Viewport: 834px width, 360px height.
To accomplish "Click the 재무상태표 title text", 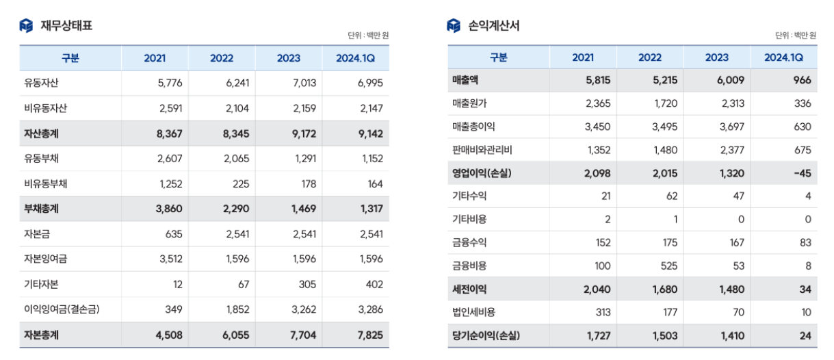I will coord(66,26).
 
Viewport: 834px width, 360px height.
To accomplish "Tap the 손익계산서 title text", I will coord(493,26).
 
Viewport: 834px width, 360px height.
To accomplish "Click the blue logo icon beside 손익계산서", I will coord(454,26).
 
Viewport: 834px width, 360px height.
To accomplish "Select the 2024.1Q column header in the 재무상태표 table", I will coord(355,58).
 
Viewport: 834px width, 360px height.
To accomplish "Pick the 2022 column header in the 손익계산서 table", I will coord(650,57).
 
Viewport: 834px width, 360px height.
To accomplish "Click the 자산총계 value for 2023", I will coord(302,134).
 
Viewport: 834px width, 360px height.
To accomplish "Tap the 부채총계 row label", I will coord(41,209).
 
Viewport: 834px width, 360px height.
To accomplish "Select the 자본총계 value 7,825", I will coord(369,335).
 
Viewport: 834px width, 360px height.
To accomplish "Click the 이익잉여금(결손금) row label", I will coord(62,310).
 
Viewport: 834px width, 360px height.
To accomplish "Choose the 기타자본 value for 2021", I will coord(177,285).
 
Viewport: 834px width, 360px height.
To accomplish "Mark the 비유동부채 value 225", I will coord(241,184).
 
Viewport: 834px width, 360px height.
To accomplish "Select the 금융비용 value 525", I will coord(667,266).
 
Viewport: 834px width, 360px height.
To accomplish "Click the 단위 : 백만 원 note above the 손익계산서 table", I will coord(796,36).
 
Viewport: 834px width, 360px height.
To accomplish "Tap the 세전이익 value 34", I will coord(805,289).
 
